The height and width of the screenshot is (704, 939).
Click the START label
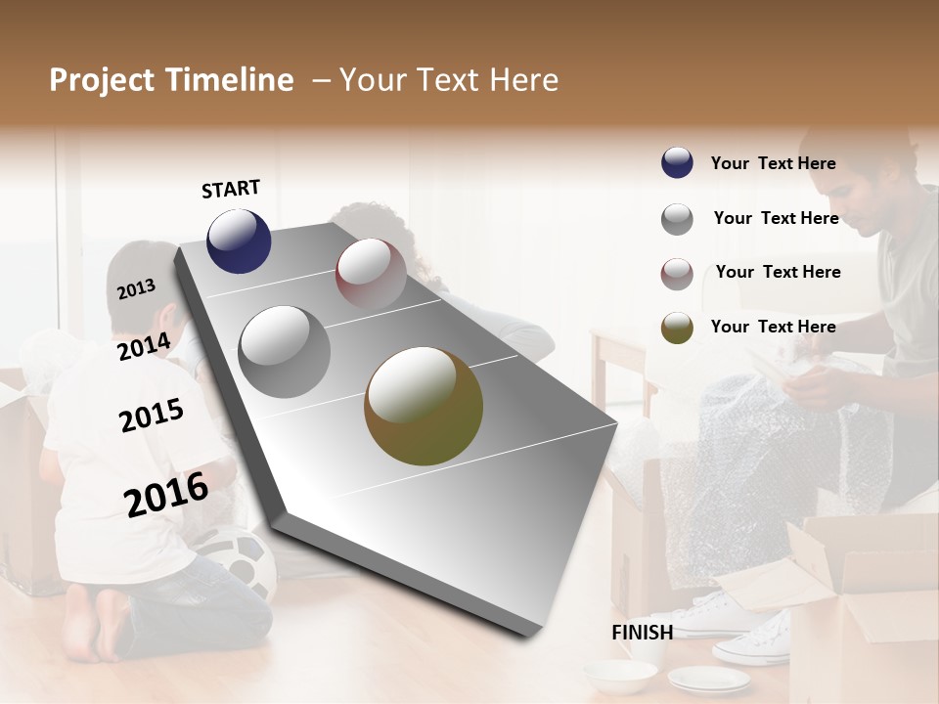(231, 189)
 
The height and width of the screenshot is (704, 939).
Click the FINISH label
(642, 633)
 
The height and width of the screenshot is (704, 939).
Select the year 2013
(136, 288)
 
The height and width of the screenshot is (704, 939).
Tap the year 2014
(144, 346)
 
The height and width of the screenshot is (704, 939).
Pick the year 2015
(151, 416)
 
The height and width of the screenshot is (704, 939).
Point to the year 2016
(166, 493)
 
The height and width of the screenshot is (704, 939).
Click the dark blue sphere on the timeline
(239, 241)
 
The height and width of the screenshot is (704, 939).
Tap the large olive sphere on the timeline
(424, 406)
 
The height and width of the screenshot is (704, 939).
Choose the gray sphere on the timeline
(284, 351)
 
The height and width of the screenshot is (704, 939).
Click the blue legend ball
(677, 163)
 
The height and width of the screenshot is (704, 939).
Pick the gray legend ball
(677, 219)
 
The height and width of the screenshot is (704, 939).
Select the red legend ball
(677, 274)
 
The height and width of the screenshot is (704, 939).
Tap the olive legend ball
(677, 328)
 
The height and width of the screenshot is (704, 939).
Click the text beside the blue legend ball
(773, 163)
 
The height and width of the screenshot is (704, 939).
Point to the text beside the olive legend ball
(773, 327)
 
